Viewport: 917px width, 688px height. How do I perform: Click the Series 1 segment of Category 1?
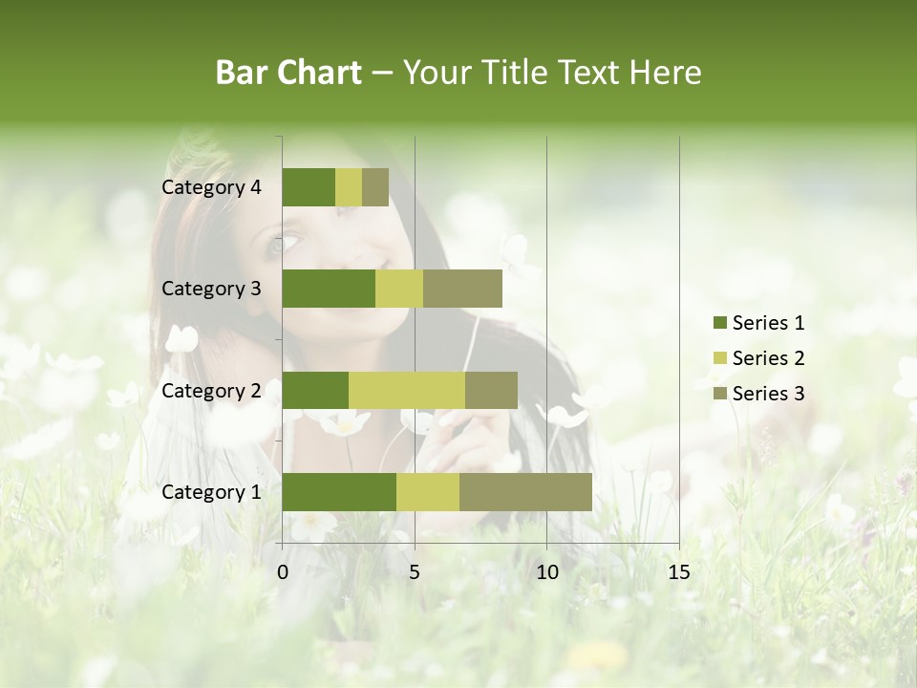point(339,492)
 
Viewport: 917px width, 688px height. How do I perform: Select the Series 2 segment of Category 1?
point(428,492)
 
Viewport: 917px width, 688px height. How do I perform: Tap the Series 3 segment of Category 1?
point(525,492)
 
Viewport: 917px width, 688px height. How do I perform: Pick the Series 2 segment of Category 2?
point(407,390)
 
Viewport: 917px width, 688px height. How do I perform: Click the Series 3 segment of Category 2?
point(491,390)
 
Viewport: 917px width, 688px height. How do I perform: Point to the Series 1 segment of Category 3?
point(329,289)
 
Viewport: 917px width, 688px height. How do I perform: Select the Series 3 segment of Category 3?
point(462,289)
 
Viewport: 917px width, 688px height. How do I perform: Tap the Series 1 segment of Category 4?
point(309,187)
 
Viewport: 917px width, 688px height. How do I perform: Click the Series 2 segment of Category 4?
point(349,187)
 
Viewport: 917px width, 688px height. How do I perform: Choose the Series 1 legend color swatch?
point(719,323)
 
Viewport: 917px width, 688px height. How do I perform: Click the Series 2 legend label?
point(768,358)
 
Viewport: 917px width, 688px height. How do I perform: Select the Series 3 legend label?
point(768,394)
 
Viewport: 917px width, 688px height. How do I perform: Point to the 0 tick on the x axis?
point(283,572)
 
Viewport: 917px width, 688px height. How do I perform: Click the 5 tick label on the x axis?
point(415,572)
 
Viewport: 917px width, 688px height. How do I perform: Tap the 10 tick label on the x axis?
point(546,572)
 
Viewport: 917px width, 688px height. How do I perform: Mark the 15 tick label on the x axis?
point(678,572)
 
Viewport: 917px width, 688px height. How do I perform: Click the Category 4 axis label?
point(211,187)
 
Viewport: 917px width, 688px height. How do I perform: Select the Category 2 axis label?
point(211,391)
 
